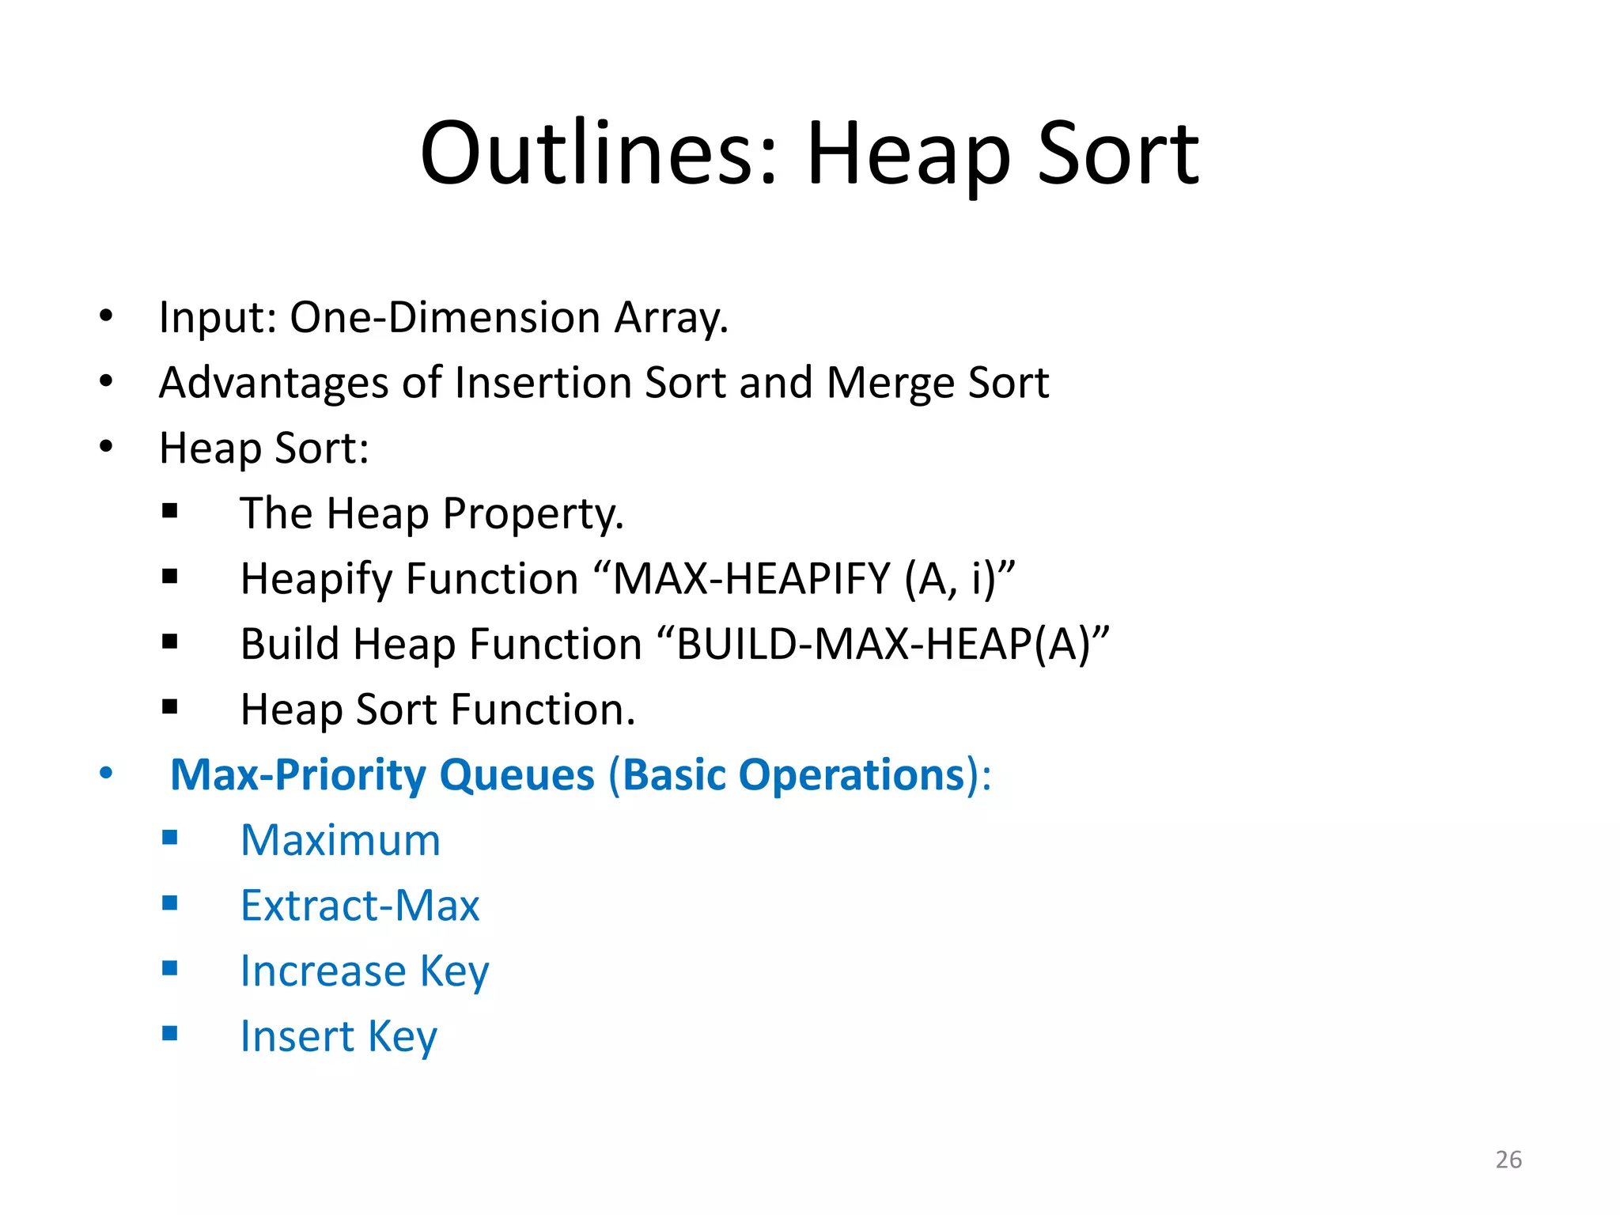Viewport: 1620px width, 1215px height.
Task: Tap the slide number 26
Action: click(1508, 1160)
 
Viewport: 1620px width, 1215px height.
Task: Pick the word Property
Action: click(532, 513)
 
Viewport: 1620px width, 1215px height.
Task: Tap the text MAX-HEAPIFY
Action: click(752, 578)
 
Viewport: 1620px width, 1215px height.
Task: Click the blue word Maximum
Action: click(340, 840)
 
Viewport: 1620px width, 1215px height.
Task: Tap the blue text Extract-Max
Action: click(360, 906)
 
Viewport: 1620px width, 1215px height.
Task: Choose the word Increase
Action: click(323, 971)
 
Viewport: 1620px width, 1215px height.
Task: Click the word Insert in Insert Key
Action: click(297, 1036)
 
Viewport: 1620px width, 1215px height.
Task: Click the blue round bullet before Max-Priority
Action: click(106, 773)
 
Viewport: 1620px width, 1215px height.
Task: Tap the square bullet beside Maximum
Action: click(169, 837)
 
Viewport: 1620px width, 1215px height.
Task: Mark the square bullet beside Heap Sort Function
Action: click(169, 706)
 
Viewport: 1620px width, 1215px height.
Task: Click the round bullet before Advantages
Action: click(106, 381)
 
